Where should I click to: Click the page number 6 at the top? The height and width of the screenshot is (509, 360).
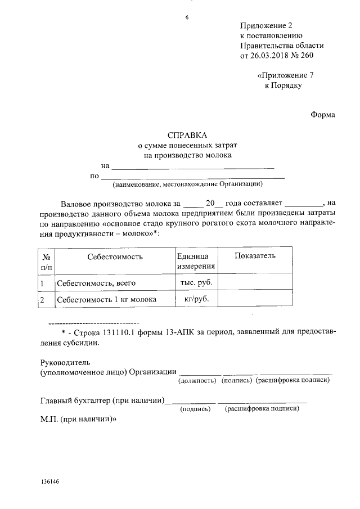(187, 17)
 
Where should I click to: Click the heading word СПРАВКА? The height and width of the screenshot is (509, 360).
(187, 135)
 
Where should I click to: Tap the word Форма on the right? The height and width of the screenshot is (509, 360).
(323, 115)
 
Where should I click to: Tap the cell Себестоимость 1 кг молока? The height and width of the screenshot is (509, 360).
(106, 299)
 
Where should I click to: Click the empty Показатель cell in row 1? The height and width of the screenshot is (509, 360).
(255, 282)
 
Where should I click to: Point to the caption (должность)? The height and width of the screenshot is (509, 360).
(197, 381)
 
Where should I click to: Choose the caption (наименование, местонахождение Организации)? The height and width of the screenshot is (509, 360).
(187, 184)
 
